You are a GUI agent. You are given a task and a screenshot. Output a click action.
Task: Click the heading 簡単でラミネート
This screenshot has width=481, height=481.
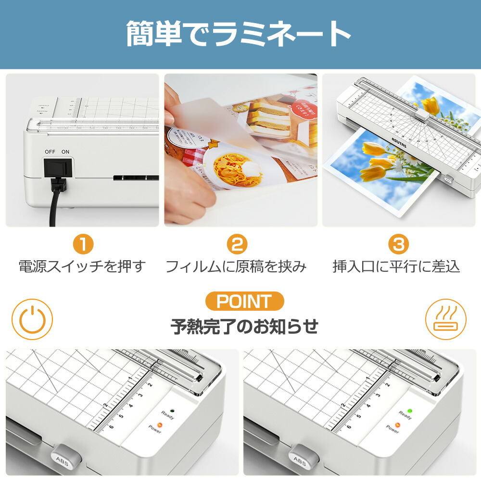click(x=239, y=34)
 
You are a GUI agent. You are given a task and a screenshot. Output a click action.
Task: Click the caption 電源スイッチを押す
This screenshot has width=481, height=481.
click(x=82, y=266)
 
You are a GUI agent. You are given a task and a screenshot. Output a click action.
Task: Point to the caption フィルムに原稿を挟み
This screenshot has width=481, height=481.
click(x=236, y=266)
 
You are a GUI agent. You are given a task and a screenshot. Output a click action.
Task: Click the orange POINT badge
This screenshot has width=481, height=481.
click(x=244, y=302)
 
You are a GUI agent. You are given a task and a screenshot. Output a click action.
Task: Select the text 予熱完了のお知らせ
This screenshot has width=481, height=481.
click(x=244, y=327)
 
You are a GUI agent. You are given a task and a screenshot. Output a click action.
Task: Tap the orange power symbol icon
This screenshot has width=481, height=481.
click(x=32, y=319)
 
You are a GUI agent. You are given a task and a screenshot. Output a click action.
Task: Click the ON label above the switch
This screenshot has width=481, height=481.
click(x=65, y=152)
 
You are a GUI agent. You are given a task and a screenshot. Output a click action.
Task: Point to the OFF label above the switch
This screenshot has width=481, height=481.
click(x=50, y=152)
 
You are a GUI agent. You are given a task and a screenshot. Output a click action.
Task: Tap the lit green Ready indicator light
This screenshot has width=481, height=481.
click(x=409, y=411)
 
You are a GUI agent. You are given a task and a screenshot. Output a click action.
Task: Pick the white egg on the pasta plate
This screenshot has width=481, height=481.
click(x=250, y=168)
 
